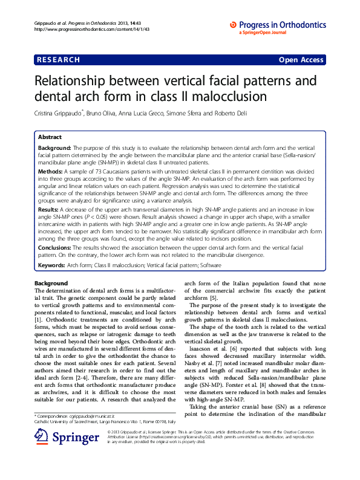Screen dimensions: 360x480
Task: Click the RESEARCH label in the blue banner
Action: point(58,60)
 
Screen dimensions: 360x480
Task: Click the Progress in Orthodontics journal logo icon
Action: point(234,24)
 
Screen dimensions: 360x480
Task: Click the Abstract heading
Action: point(49,137)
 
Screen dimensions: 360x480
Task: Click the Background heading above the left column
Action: point(51,284)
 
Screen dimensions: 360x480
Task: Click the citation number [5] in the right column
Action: point(214,297)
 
